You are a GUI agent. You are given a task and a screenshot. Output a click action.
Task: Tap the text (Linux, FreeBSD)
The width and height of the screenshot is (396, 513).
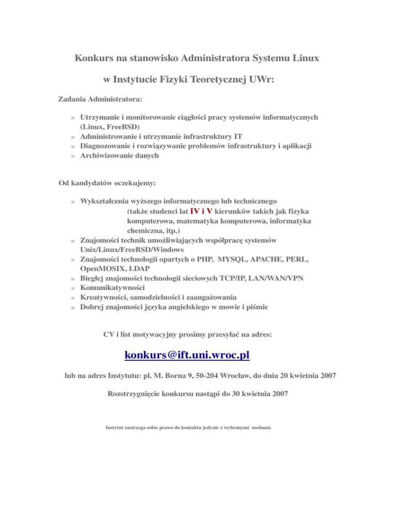coord(110,126)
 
